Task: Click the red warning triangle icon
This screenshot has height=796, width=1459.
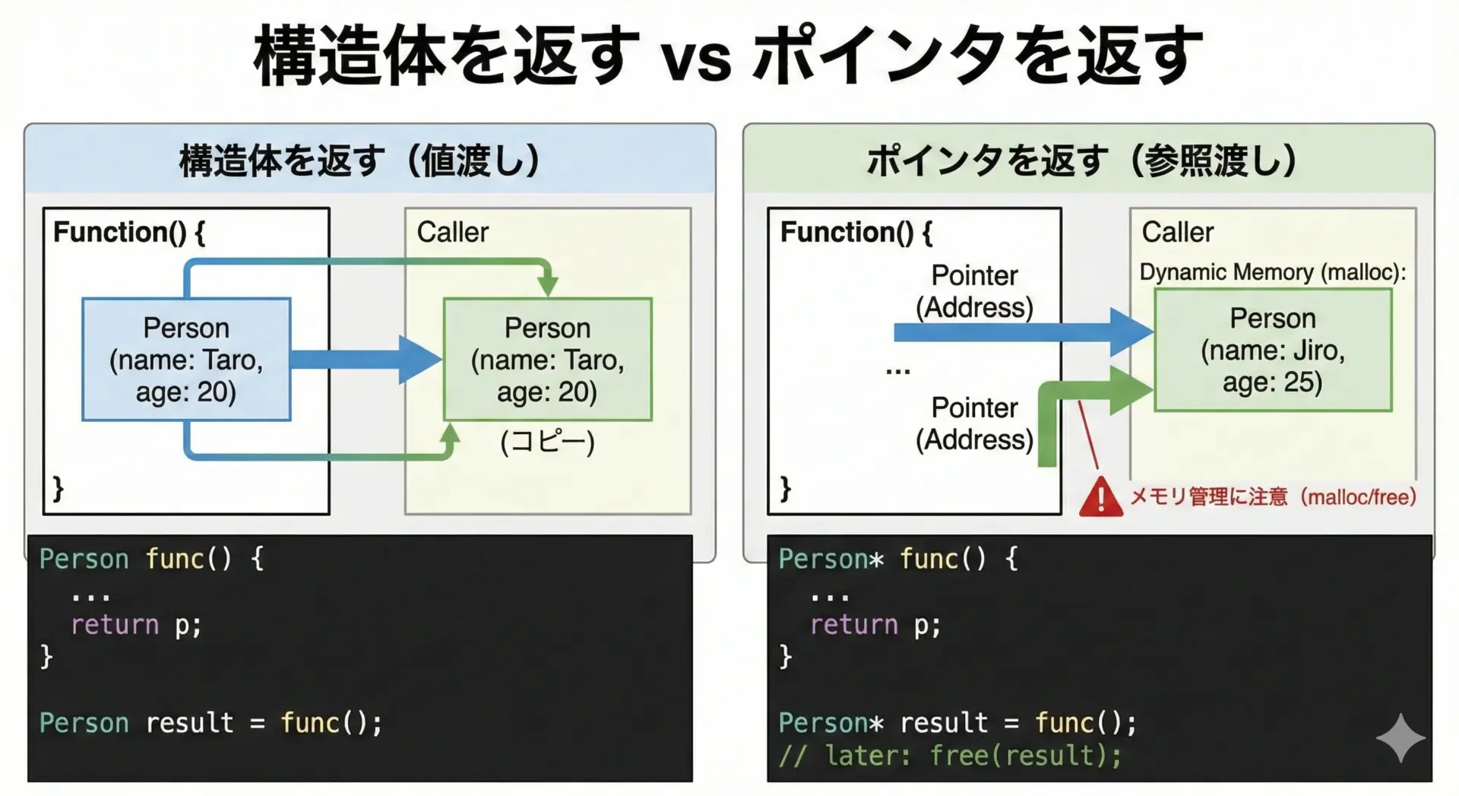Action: pyautogui.click(x=1100, y=498)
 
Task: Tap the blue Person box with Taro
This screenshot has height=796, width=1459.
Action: pyautogui.click(x=186, y=359)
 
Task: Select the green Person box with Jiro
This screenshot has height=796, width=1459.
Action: pyautogui.click(x=1273, y=350)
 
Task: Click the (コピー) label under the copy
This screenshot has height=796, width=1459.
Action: pyautogui.click(x=547, y=442)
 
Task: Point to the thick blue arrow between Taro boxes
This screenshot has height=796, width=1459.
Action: pyautogui.click(x=365, y=359)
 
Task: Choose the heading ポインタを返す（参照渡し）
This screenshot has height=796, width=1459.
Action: pyautogui.click(x=1082, y=160)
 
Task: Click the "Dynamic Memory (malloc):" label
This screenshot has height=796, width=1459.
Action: pyautogui.click(x=1273, y=272)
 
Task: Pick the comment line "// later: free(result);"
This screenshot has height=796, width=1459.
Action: pyautogui.click(x=950, y=756)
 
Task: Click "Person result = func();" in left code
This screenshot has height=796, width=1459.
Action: pyautogui.click(x=210, y=722)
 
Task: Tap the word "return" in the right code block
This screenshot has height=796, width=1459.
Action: pyautogui.click(x=853, y=625)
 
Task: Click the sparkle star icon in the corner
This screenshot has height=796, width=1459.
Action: pyautogui.click(x=1400, y=737)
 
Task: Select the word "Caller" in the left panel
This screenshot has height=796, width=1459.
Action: pyautogui.click(x=452, y=232)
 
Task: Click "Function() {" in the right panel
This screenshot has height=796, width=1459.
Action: pyautogui.click(x=856, y=232)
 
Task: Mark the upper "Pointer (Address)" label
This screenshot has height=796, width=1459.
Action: pyautogui.click(x=974, y=291)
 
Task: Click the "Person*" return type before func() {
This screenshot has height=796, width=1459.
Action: pyautogui.click(x=831, y=559)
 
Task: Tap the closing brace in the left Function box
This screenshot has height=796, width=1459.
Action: pyautogui.click(x=58, y=487)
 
